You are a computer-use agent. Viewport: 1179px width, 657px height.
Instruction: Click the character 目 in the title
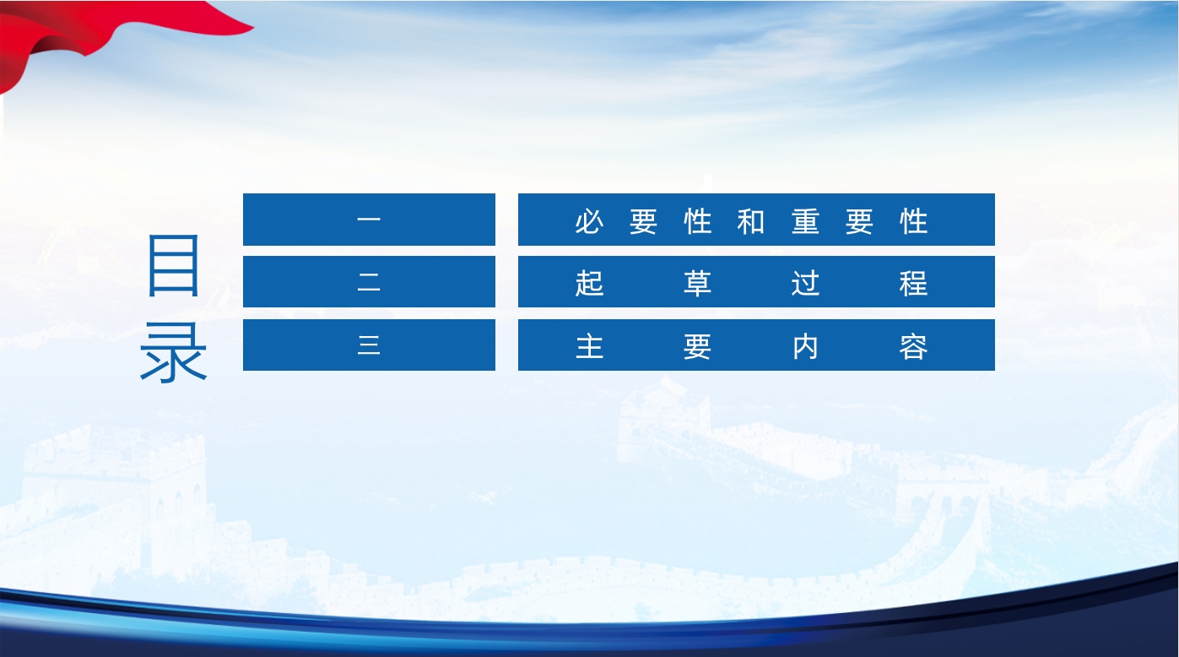point(173,265)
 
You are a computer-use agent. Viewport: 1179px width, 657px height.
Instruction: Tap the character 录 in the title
point(173,352)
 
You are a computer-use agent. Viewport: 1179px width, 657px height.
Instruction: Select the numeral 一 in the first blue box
point(369,220)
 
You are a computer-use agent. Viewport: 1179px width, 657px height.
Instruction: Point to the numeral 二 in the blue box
point(369,282)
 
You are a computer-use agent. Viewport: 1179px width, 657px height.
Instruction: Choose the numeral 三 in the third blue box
point(369,345)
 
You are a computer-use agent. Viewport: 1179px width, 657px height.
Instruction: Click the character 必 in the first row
point(589,221)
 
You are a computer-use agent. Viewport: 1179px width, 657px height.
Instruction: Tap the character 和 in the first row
point(751,221)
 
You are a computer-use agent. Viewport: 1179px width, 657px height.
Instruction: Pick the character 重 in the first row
point(805,221)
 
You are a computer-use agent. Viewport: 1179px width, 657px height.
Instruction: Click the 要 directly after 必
point(643,221)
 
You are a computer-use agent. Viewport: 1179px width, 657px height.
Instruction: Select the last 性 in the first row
point(913,221)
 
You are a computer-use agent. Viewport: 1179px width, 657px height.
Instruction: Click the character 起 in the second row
point(589,283)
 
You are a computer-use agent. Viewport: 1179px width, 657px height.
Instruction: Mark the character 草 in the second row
point(697,283)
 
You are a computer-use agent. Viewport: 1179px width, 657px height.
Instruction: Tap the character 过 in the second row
point(805,283)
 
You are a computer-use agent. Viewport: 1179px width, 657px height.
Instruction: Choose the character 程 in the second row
point(913,283)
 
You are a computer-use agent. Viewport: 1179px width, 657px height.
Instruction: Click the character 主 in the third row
point(589,347)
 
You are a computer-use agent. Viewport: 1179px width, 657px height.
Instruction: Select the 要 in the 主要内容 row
point(697,347)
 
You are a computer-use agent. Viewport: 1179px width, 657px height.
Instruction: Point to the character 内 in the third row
point(805,347)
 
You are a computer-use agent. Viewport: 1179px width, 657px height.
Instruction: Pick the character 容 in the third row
point(913,347)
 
